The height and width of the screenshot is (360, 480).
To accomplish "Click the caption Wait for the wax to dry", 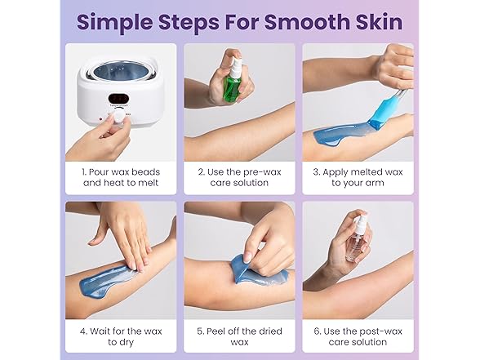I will (x=120, y=337).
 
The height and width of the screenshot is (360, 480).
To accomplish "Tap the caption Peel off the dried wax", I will (x=238, y=337).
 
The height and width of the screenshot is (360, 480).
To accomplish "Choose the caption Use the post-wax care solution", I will (x=358, y=337).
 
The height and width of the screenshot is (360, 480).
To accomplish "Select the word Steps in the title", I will (x=194, y=21).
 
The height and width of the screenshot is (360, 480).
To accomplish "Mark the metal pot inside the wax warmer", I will (x=118, y=73).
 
